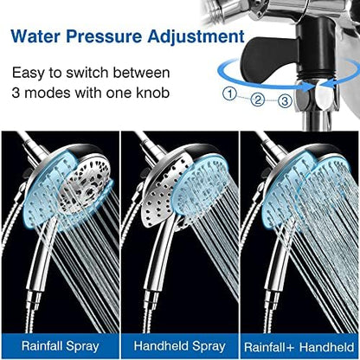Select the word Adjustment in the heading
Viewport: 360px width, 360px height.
point(196,38)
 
